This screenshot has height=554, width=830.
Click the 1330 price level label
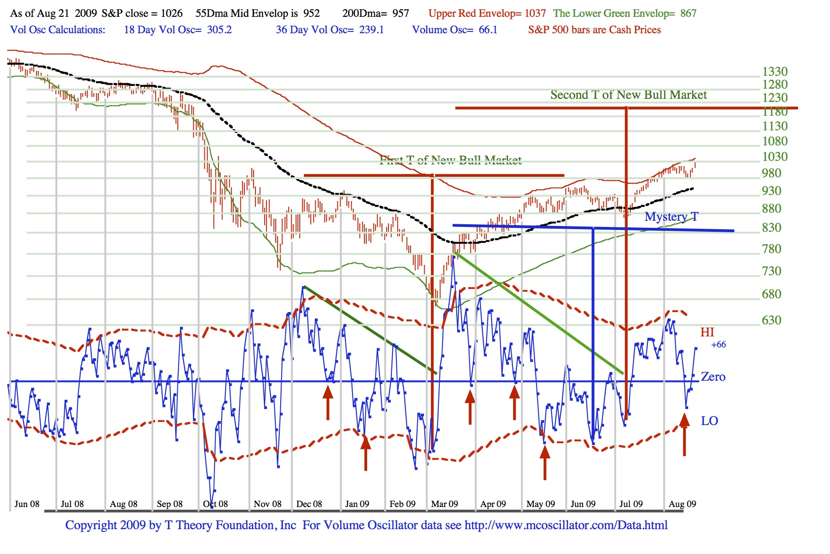[775, 72]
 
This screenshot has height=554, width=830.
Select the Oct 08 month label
[215, 504]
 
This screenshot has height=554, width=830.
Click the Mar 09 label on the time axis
[444, 504]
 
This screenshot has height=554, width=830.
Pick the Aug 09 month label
[682, 504]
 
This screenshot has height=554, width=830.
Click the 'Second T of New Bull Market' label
[628, 95]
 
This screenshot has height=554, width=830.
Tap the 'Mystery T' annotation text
[671, 217]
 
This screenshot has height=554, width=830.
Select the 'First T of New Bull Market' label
[450, 160]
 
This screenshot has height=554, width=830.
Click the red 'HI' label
[707, 332]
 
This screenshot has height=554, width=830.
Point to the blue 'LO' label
[709, 421]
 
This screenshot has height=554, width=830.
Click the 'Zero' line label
[713, 377]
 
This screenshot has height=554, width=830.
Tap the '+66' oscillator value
[718, 345]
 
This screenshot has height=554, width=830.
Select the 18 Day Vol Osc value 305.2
[219, 30]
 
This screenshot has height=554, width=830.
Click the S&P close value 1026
[171, 13]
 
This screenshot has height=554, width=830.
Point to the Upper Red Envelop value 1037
[535, 13]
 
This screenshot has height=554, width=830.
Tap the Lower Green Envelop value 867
[688, 13]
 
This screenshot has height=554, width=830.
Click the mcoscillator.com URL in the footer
[566, 525]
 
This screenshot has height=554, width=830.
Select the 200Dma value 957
[400, 13]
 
